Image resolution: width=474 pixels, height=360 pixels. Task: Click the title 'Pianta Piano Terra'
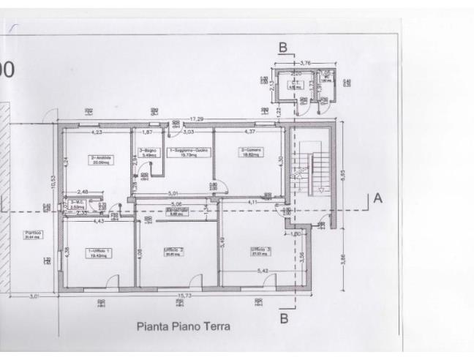coord(183,326)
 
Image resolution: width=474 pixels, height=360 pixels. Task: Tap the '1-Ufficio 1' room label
coord(99,252)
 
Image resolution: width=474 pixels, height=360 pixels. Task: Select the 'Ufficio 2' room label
coord(173,252)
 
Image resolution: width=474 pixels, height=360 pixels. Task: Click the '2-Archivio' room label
coord(99,159)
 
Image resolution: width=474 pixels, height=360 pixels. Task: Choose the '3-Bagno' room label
coord(148,153)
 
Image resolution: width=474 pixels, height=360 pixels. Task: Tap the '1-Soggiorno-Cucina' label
coord(189,151)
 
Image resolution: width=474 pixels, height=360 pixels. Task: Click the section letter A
coord(378,198)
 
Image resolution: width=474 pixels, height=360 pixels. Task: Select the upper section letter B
coord(282,48)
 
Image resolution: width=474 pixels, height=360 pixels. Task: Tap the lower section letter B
coord(284,318)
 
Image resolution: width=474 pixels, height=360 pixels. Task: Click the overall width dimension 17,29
coord(197,119)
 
